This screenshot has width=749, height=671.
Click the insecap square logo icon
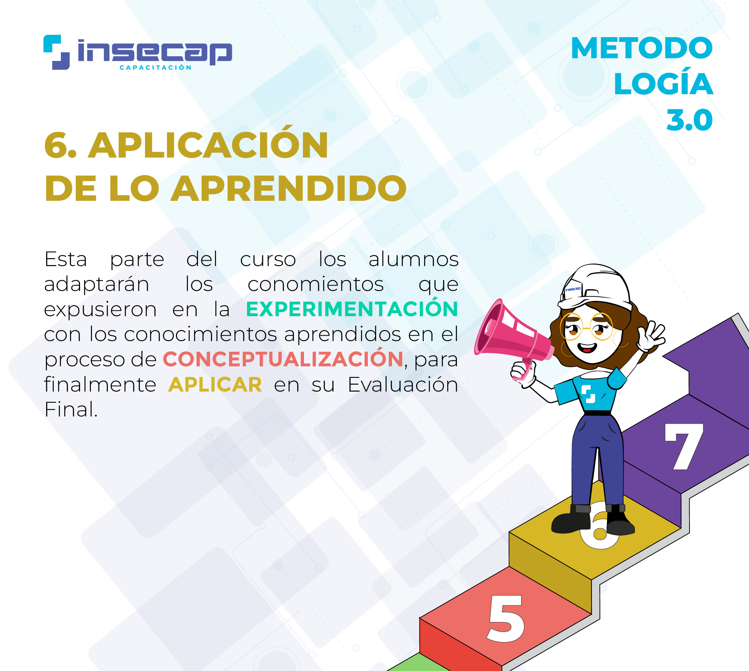[56, 52]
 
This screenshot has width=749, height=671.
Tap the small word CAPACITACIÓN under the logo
[155, 67]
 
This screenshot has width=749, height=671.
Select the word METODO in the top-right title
[642, 48]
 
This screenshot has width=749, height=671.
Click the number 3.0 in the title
[689, 120]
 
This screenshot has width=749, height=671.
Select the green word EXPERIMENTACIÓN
[352, 309]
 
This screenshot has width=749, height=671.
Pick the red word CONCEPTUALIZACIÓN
[283, 359]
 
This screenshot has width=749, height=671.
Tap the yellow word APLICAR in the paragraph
[215, 384]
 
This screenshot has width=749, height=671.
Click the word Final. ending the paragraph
[71, 410]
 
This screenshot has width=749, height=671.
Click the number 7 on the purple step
[684, 446]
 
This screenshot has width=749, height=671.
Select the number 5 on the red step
[506, 618]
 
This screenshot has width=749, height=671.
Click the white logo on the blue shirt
[588, 394]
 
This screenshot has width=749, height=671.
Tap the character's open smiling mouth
[586, 348]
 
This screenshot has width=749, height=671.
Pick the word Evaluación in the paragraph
[403, 384]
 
